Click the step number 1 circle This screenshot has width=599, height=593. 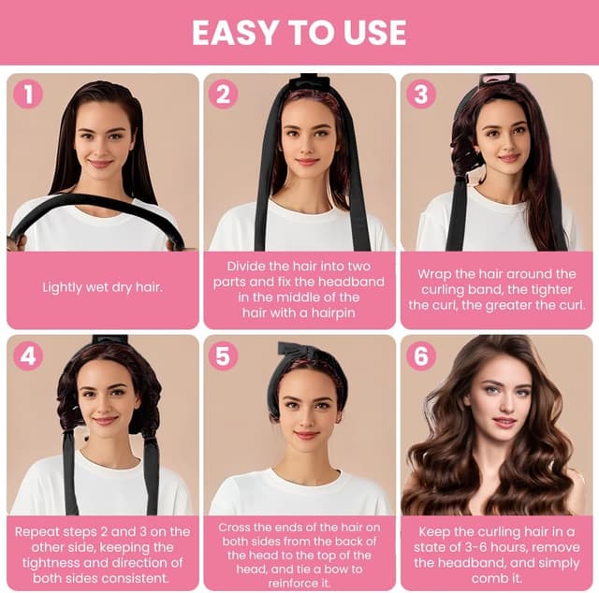coord(28,94)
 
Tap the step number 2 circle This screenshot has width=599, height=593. coord(223,94)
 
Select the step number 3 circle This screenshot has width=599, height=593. coord(421,94)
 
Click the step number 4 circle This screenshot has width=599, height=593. coord(28,355)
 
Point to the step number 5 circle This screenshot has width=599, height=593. coord(223,355)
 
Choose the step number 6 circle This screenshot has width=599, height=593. coord(421,355)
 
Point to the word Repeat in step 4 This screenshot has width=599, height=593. coord(37,532)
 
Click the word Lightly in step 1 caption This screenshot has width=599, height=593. coord(62,287)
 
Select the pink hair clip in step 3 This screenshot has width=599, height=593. coord(498,81)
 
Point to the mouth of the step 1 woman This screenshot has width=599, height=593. coord(99,164)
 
